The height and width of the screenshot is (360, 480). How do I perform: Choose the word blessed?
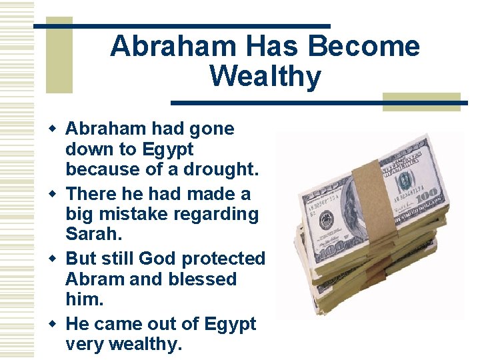click(x=201, y=279)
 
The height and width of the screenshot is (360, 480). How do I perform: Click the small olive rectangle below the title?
click(x=421, y=101)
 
